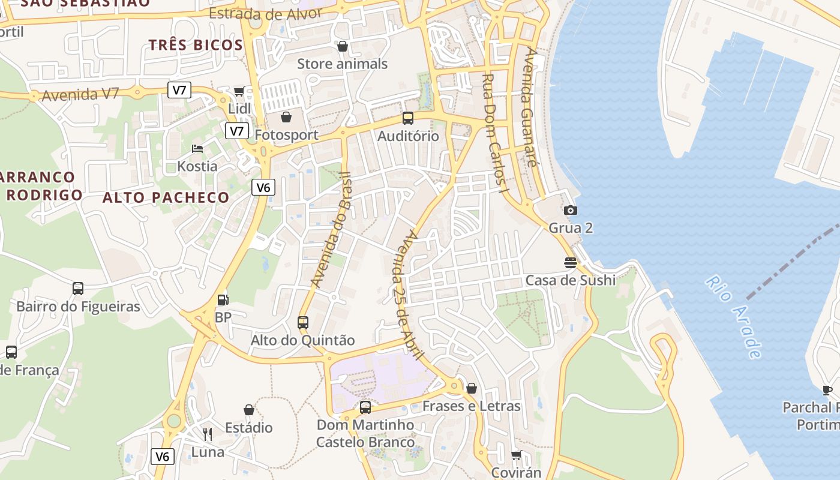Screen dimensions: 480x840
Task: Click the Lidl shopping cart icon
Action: pyautogui.click(x=239, y=92)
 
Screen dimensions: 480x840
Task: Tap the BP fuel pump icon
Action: pyautogui.click(x=223, y=299)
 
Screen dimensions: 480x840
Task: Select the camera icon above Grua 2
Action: pyautogui.click(x=571, y=210)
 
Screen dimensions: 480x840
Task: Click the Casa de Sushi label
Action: pyautogui.click(x=571, y=280)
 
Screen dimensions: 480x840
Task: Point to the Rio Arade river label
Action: pyautogui.click(x=733, y=317)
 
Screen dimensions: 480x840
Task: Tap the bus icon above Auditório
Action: pyautogui.click(x=408, y=118)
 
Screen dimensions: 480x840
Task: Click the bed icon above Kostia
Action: pyautogui.click(x=197, y=148)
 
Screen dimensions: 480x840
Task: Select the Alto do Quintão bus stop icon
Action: pyautogui.click(x=303, y=322)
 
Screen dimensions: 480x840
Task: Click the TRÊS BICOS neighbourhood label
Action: pyautogui.click(x=196, y=45)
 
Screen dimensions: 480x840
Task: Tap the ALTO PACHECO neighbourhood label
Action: pyautogui.click(x=166, y=197)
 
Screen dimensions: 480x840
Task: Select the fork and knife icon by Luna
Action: pyautogui.click(x=208, y=434)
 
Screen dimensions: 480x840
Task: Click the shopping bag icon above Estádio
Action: pyautogui.click(x=249, y=410)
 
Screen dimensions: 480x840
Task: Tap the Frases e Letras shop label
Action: pyautogui.click(x=472, y=406)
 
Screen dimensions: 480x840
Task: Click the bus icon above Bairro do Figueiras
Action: pyautogui.click(x=78, y=289)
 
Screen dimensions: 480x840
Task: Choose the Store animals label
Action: pyautogui.click(x=343, y=64)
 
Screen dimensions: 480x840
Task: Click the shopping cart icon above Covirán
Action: pyautogui.click(x=516, y=455)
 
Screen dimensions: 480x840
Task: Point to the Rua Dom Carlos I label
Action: pyautogui.click(x=496, y=133)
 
